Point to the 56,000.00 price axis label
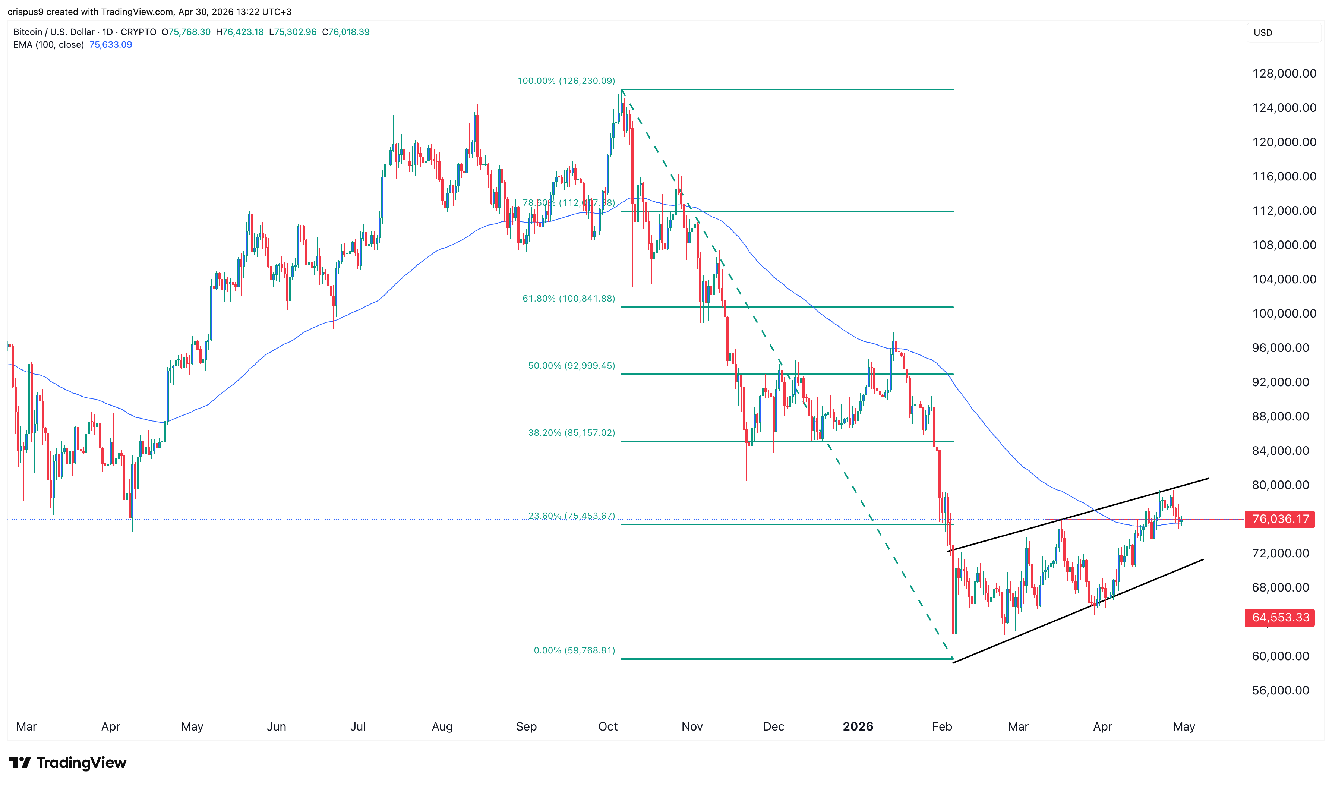coord(1280,690)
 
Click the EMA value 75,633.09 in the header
coord(111,44)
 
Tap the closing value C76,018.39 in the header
coord(346,32)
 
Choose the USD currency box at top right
coord(1283,32)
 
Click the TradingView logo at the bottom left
coord(68,762)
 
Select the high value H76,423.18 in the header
coord(240,32)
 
